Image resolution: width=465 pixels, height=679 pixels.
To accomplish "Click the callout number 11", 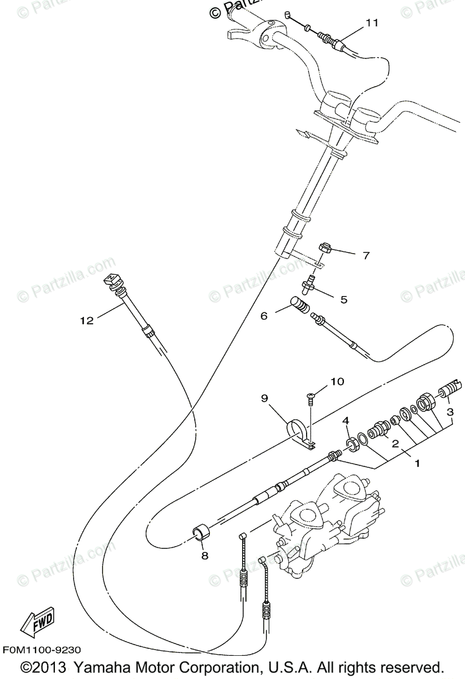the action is [371, 23].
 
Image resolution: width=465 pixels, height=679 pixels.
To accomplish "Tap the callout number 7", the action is [365, 256].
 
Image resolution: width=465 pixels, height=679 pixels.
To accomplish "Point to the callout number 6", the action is [264, 316].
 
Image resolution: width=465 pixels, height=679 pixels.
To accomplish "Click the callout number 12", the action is [86, 320].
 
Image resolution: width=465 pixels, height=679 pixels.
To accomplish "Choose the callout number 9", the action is [264, 398].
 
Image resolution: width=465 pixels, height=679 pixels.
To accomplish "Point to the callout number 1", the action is [417, 463].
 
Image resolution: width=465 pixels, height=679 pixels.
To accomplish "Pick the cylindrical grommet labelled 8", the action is [201, 532].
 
